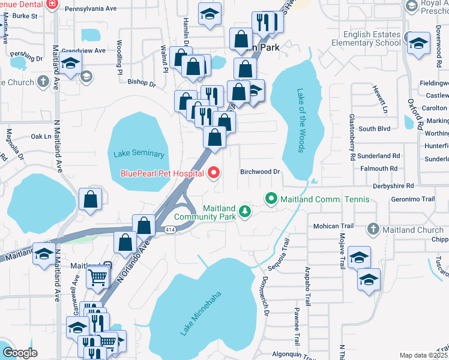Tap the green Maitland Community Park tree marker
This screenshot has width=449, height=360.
(x=244, y=211)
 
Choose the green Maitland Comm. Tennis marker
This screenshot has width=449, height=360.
(x=271, y=197)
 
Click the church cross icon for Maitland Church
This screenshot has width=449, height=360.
(x=373, y=229)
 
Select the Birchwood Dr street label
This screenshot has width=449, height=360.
(x=261, y=172)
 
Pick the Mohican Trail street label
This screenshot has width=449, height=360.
(x=330, y=226)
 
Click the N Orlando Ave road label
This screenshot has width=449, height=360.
(x=133, y=264)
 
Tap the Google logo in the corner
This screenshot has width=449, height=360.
(x=20, y=353)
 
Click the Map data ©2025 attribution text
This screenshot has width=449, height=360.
(x=424, y=355)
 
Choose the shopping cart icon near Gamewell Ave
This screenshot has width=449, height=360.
(x=97, y=277)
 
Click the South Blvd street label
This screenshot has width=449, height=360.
(x=375, y=128)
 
